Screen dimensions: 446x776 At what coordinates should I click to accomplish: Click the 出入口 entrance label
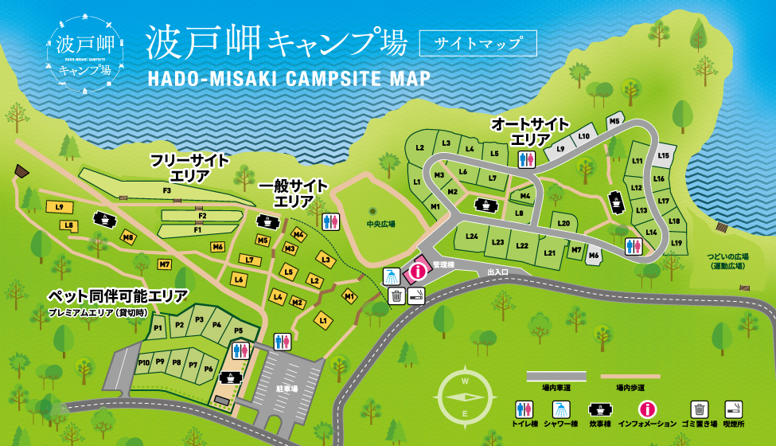(497, 272)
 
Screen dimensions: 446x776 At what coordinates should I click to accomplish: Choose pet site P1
(158, 327)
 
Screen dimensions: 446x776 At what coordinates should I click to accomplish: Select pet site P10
(143, 362)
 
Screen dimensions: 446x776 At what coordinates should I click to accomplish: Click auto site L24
(472, 237)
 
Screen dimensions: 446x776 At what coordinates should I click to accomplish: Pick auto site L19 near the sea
(677, 243)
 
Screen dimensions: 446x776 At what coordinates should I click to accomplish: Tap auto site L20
(563, 224)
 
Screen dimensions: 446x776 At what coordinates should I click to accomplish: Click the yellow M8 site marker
(128, 237)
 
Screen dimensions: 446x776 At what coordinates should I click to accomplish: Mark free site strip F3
(168, 191)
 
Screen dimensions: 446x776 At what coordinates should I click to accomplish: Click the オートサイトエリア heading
(529, 131)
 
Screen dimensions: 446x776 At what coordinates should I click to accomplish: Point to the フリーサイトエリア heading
(189, 168)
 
